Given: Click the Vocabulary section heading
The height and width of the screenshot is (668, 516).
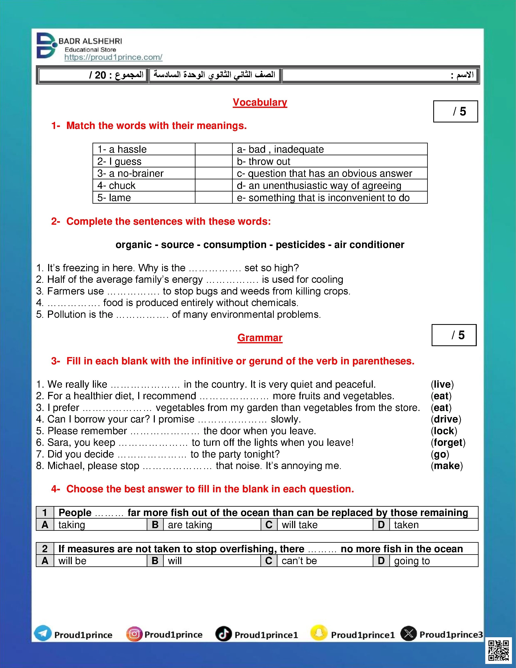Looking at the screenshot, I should coord(260,102).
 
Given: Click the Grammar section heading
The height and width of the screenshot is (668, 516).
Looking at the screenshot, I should coord(260,338).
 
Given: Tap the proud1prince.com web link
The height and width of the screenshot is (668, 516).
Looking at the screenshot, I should coord(113,57).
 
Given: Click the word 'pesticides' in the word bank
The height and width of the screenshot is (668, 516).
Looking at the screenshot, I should coord(300,245).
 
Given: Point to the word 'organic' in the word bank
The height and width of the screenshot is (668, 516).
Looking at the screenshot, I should coord(134,245).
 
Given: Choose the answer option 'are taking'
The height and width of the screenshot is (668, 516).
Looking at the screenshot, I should coord(190,525).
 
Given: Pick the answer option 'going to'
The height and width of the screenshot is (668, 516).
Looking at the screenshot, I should coord(412,561).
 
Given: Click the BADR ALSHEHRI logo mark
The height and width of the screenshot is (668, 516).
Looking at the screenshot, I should coord(47,46).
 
